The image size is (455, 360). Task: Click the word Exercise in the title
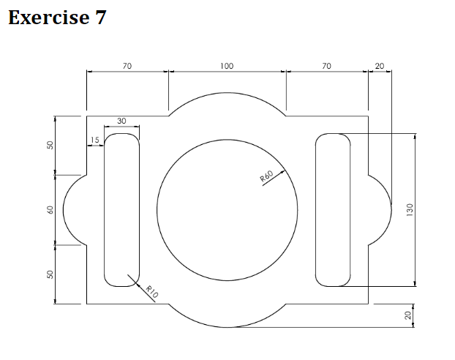(48, 18)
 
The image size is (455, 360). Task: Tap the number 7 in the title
(100, 18)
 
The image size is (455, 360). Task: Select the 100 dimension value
(227, 66)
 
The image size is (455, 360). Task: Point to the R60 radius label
(266, 177)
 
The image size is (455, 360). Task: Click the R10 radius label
(152, 291)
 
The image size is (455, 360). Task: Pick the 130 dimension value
(410, 210)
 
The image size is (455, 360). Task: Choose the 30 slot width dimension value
(121, 121)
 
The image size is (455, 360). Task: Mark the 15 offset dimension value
(94, 140)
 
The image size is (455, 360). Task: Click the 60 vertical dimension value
(50, 210)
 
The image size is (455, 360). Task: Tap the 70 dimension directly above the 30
(127, 66)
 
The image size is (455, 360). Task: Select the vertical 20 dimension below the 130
(408, 315)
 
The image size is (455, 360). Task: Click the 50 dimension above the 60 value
(50, 145)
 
